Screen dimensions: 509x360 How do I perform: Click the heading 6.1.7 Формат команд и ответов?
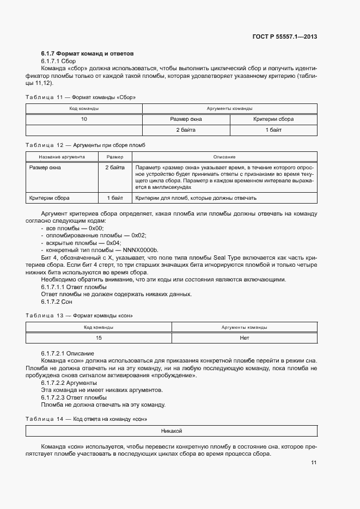pos(87,54)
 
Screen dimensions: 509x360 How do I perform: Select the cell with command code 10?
pos(84,119)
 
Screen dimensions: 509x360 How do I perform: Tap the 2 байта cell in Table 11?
pos(186,130)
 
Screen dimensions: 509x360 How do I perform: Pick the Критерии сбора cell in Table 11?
pos(273,119)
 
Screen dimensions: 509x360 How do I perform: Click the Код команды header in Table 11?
pos(84,109)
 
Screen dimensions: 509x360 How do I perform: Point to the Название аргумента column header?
pos(62,157)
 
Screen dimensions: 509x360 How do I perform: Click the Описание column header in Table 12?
pos(224,157)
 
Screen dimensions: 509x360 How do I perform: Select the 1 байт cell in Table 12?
pos(114,198)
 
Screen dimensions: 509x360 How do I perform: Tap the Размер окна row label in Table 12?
pos(45,168)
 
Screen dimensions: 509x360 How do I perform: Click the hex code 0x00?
pos(96,228)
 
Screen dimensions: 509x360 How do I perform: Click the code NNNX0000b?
pos(142,249)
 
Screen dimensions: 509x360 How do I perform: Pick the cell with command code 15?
pos(99,338)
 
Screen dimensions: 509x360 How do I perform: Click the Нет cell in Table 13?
pos(244,338)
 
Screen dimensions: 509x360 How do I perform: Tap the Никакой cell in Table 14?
pos(172,431)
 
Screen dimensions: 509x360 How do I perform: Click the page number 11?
pos(314,463)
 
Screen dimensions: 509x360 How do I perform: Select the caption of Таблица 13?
pos(80,316)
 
